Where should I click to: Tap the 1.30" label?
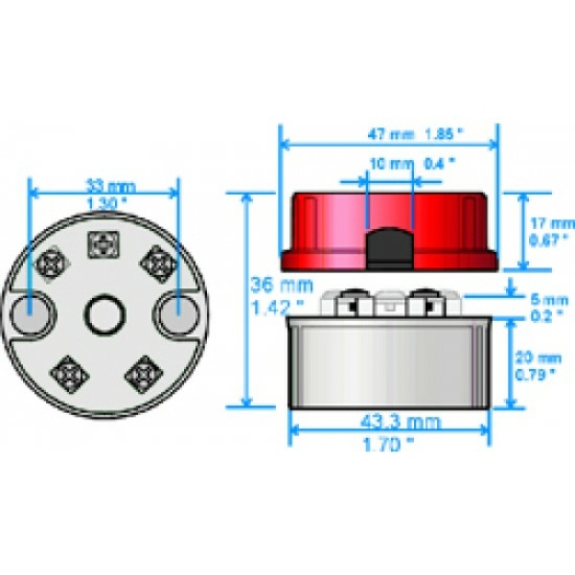click(x=105, y=203)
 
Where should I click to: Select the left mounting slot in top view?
click(x=33, y=312)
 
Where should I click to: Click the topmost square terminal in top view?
click(x=102, y=246)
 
